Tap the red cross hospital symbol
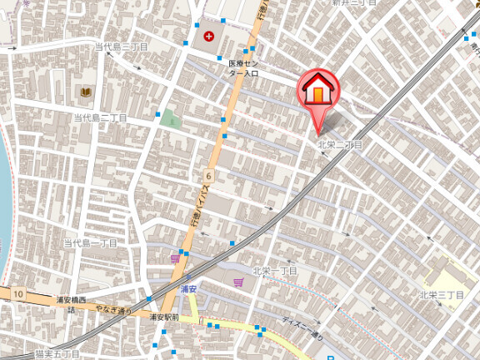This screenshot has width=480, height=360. (x=207, y=36)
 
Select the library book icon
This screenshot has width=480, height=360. (x=84, y=91)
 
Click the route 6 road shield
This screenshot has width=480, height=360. (x=207, y=176)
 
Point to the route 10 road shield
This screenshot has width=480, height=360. (x=17, y=294)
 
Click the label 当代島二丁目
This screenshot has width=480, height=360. (x=100, y=118)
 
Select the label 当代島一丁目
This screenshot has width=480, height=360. (x=90, y=242)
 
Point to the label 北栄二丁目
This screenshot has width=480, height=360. (x=340, y=144)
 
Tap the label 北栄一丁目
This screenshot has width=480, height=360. (x=275, y=271)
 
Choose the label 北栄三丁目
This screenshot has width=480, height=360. (x=441, y=294)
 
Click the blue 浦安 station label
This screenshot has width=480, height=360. (x=187, y=289)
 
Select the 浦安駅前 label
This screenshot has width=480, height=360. (x=165, y=317)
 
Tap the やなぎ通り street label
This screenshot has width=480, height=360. (x=112, y=310)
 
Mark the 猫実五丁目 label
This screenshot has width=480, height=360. (x=57, y=353)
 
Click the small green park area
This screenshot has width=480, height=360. (x=171, y=118)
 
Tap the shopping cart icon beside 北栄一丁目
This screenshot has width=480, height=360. (x=238, y=282)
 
